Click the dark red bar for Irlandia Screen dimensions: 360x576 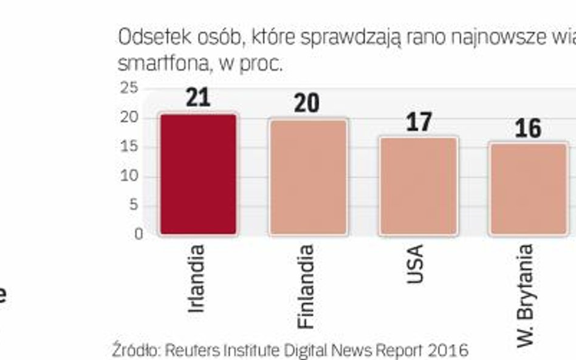(198, 174)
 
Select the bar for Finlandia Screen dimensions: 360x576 (308, 177)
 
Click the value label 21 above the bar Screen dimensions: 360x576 (198, 97)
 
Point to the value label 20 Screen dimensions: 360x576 (307, 103)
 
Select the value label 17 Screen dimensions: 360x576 (418, 121)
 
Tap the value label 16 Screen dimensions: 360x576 (527, 128)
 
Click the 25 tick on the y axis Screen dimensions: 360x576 (129, 89)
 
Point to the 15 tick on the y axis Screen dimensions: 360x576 (129, 147)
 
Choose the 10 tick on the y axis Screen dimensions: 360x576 (129, 176)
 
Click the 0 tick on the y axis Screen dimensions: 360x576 (139, 234)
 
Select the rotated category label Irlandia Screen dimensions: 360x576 (196, 278)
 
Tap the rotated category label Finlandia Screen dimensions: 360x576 (306, 286)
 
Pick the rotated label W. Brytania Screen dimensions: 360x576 (525, 295)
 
